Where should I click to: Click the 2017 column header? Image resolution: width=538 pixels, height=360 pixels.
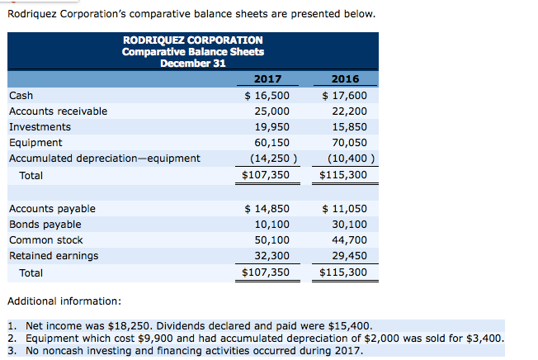(267, 79)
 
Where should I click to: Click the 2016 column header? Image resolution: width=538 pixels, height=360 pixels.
(345, 79)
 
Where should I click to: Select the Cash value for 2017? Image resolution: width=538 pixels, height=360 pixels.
(267, 96)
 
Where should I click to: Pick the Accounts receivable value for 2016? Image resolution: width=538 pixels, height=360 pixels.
(349, 111)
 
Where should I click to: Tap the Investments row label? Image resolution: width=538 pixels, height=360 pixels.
(40, 127)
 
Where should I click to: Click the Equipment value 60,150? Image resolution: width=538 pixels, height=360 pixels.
(271, 142)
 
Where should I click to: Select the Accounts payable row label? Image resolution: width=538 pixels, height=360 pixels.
(52, 209)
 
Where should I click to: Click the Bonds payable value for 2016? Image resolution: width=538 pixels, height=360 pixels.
(349, 225)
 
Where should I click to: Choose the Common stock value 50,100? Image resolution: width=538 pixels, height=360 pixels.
(271, 240)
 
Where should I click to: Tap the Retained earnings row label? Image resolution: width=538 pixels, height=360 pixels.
(54, 256)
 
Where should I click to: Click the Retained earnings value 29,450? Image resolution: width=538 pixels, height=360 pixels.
(349, 256)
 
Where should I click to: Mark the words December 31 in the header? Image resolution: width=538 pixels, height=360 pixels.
(193, 64)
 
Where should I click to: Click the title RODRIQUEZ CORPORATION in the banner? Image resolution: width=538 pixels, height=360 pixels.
(193, 40)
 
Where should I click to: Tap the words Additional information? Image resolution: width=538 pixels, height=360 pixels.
(64, 301)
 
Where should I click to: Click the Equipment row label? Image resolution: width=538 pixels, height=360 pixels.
(35, 143)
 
